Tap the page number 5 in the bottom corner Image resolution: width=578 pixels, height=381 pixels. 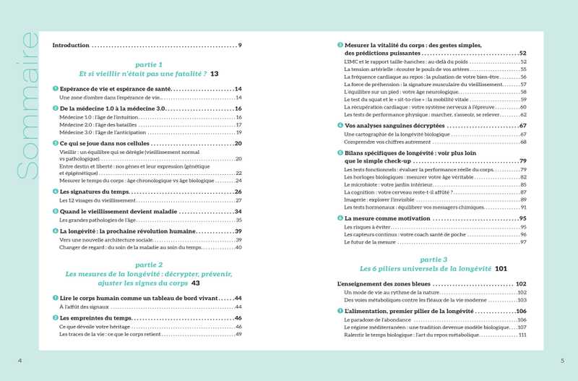562,361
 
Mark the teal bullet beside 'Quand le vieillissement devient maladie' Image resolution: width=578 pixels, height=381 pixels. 55,212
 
